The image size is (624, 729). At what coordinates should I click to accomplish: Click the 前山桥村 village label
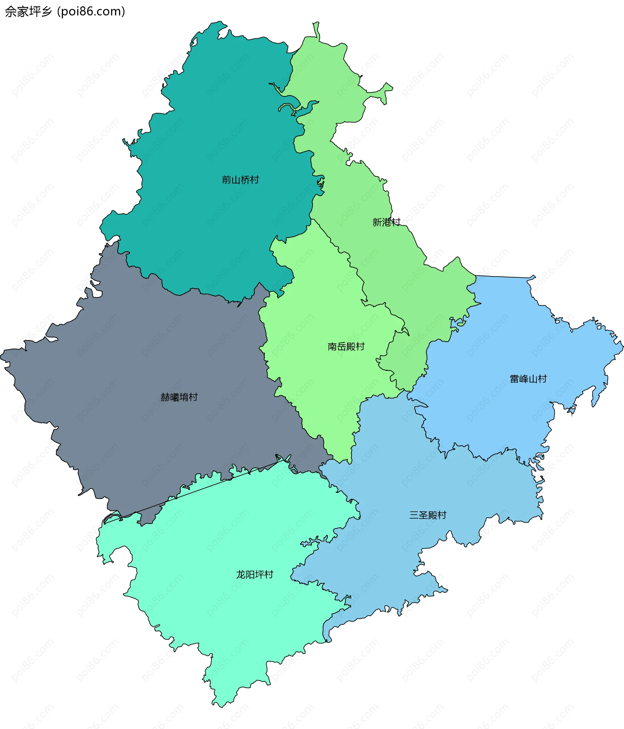pos(240,180)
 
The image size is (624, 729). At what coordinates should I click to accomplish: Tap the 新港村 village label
pos(386,222)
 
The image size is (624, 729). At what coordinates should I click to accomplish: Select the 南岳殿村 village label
pos(346,347)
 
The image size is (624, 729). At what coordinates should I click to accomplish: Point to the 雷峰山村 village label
pos(528,379)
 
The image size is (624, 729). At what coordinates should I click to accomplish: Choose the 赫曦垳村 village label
pos(179,397)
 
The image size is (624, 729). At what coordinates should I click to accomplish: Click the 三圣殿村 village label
pos(428,515)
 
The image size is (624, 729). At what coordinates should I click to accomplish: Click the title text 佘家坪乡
pos(29,12)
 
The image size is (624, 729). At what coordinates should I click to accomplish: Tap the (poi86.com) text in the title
pos(91,12)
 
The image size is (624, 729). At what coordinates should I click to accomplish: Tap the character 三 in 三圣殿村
pos(414,515)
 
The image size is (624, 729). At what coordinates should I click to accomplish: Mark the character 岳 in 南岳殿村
pos(341,347)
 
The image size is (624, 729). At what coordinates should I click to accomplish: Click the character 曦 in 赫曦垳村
pos(175,397)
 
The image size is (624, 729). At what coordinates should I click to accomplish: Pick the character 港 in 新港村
pos(386,222)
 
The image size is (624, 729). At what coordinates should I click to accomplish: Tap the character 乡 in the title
pos(46,12)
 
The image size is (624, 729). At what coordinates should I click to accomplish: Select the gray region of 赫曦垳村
pos(141,352)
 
